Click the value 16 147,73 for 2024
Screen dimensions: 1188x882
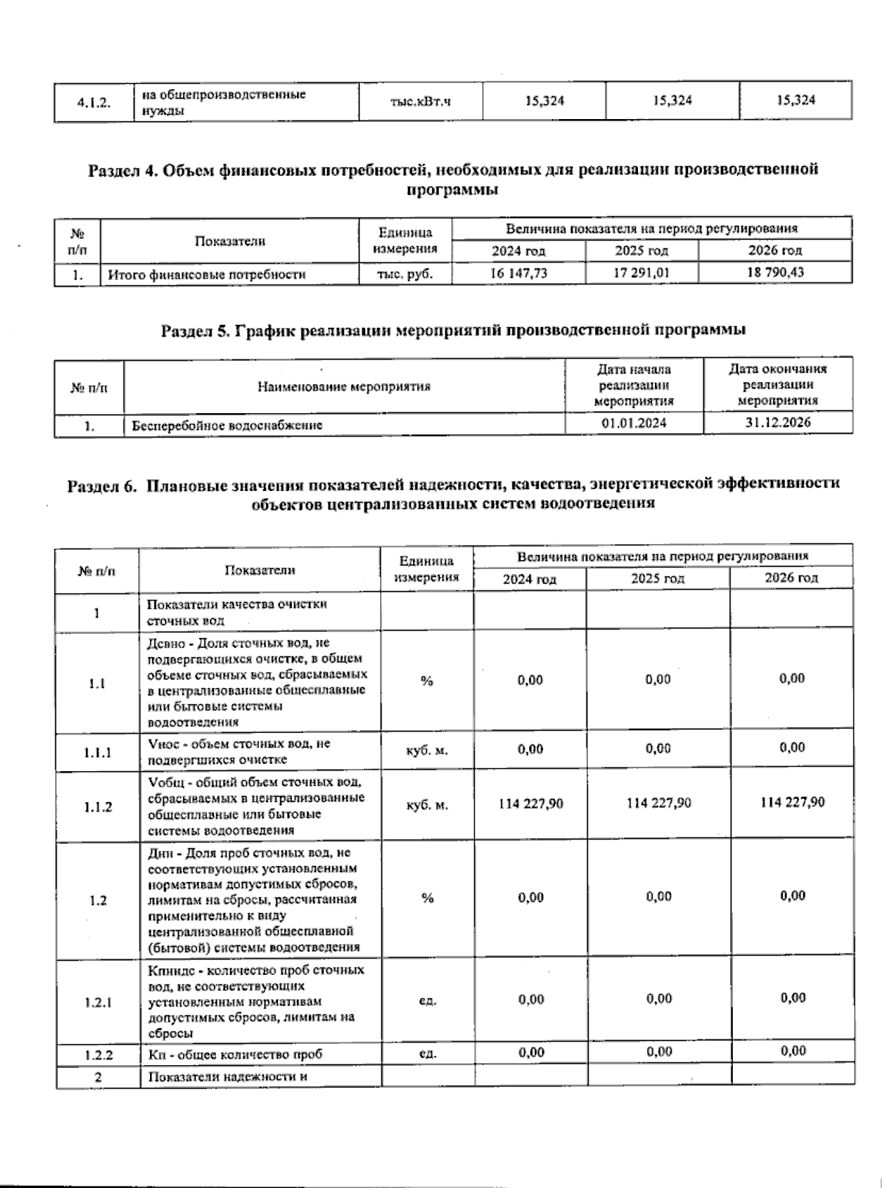coord(519,273)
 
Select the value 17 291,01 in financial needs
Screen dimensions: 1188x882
coord(642,273)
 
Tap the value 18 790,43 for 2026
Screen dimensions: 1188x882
coord(775,272)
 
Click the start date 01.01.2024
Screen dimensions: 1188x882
coord(634,423)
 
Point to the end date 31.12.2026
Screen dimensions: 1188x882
coord(777,422)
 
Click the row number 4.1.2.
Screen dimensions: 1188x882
coord(94,103)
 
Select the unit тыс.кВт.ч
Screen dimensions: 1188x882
coord(420,101)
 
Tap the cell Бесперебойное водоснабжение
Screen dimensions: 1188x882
coord(227,425)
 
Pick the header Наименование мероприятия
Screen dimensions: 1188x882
coord(344,386)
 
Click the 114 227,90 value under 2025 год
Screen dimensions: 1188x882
coord(659,803)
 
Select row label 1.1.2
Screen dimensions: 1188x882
coord(98,806)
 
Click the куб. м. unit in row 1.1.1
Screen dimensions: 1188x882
coord(427,751)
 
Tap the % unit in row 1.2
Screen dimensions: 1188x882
coord(427,898)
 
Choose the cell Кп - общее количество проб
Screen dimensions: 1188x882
coord(235,1055)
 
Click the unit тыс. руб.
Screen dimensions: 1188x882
coord(406,274)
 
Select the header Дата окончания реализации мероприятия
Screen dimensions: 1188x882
coord(778,384)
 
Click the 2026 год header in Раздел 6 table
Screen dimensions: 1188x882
coord(791,578)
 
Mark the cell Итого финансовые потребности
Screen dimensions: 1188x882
coord(207,275)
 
